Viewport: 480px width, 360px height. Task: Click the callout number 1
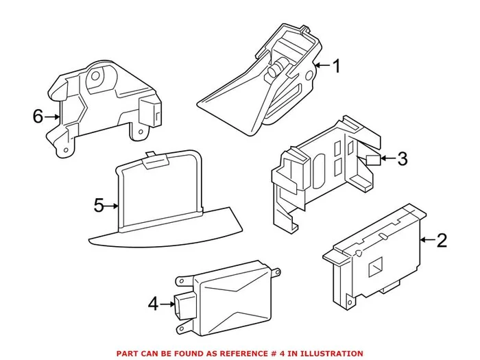coord(337,66)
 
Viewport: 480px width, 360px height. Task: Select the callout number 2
coord(442,240)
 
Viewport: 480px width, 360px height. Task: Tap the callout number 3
coord(403,158)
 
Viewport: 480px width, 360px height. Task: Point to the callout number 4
coord(154,304)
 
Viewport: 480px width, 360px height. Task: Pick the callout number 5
coord(99,206)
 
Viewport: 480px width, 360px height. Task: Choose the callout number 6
coord(38,117)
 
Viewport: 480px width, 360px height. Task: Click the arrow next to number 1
coord(322,65)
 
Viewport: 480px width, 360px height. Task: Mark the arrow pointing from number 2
coord(427,240)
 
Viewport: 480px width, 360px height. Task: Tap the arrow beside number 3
coord(388,158)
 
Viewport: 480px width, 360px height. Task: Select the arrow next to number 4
coord(167,304)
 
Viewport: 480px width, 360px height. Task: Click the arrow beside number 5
coord(111,206)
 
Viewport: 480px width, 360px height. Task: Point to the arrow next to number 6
coord(51,117)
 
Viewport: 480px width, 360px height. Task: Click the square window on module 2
coord(375,266)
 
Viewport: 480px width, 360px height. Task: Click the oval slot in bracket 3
coord(320,170)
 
